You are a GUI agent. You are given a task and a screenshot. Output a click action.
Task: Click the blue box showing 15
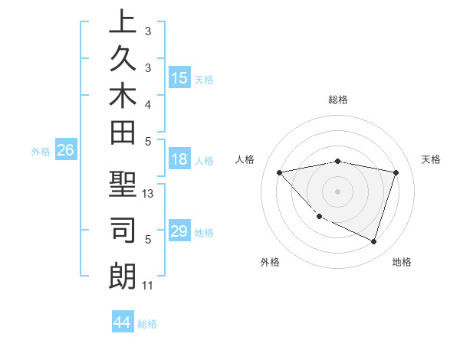pos(179,78)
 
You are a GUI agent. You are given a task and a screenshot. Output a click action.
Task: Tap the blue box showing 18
pos(179,160)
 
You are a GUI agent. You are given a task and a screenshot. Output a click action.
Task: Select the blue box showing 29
pos(179,231)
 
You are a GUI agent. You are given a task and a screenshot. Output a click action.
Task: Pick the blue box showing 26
pos(66,151)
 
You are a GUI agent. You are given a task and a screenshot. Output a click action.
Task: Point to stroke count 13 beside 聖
pos(148,194)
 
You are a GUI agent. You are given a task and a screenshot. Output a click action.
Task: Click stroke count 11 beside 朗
pos(148,286)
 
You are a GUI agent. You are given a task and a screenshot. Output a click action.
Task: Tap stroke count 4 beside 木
pos(148,103)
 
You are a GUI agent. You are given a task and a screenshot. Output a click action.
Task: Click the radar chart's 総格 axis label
pos(337,100)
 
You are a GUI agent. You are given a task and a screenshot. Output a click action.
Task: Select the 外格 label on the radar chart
pos(270,262)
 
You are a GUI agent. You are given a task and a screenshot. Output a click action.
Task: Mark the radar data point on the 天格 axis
pos(396,172)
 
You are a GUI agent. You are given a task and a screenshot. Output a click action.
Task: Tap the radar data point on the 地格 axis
pos(373,241)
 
